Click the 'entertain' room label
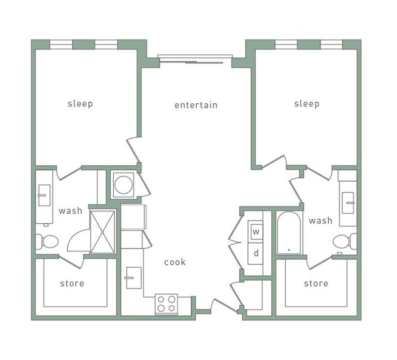tap(196, 105)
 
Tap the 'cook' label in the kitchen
tap(175, 262)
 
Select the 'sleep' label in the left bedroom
tap(80, 104)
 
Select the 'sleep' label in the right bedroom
tap(307, 104)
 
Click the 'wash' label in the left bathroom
tap(70, 211)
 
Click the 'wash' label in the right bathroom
tap(320, 220)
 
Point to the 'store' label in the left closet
tap(72, 283)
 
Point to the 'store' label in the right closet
tap(316, 283)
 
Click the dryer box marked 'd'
tap(257, 253)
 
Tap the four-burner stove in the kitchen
tap(166, 304)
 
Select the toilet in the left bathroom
tap(47, 241)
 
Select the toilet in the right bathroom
tap(344, 241)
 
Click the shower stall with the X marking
tap(102, 231)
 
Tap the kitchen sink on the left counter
tap(132, 278)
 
